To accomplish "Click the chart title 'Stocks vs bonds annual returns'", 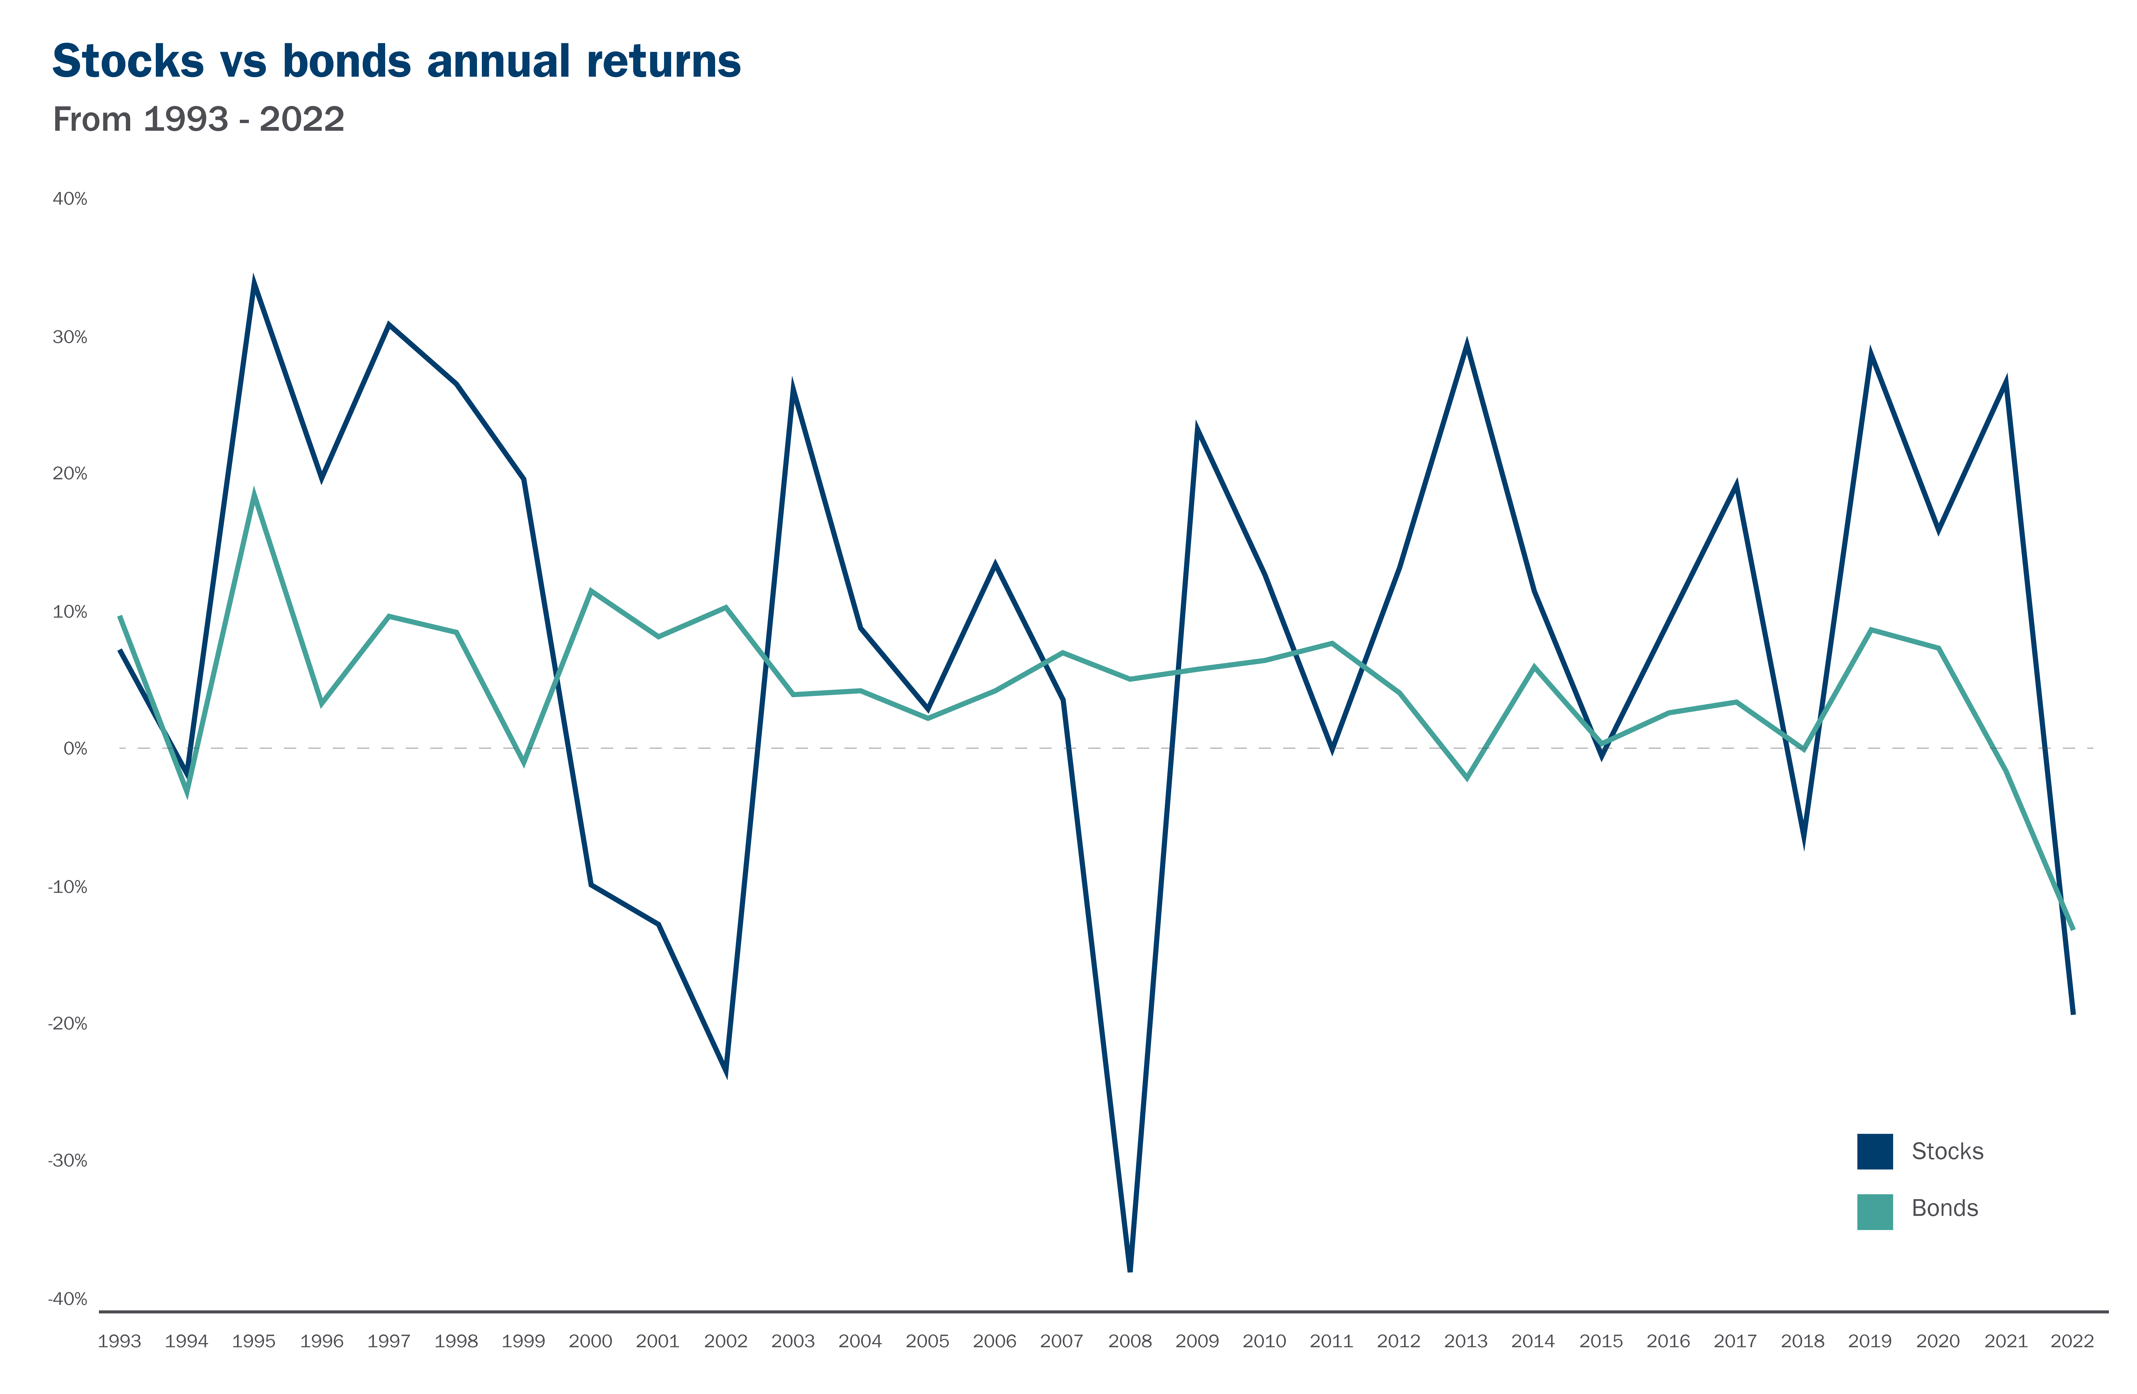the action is tap(396, 61).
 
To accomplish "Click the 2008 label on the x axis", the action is tap(1130, 1341).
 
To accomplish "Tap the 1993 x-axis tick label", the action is tap(119, 1341).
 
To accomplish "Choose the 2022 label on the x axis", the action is tap(2072, 1341).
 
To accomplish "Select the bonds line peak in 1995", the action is tap(254, 493).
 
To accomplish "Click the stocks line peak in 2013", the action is tap(1466, 343).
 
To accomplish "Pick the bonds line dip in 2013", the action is tap(1466, 777).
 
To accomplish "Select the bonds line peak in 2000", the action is tap(591, 591).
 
